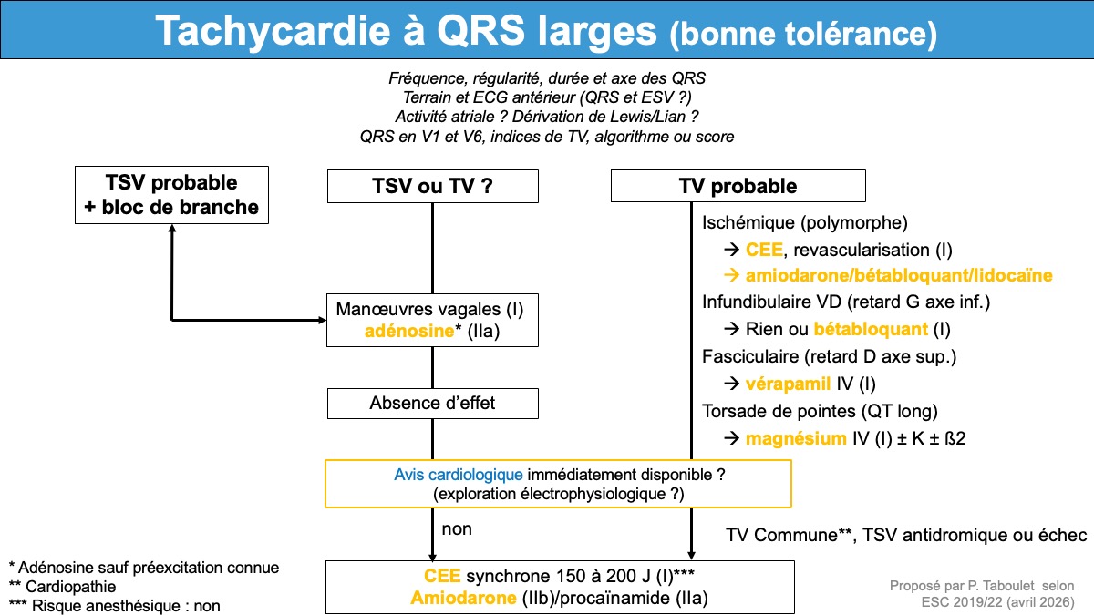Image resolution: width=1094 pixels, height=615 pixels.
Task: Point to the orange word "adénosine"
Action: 409,331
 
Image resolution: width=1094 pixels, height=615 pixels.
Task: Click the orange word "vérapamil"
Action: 788,384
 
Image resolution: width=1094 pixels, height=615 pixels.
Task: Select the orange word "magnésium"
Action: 796,438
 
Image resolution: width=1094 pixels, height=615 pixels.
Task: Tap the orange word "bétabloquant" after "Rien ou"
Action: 871,329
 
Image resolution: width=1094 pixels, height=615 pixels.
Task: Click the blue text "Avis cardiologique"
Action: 458,475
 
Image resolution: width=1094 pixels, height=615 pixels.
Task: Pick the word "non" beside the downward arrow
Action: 457,529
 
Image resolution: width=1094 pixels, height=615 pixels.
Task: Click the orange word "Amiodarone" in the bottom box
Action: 463,598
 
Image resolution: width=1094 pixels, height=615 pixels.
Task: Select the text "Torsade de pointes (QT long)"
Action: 820,412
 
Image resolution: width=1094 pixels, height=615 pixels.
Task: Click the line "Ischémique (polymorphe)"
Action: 804,223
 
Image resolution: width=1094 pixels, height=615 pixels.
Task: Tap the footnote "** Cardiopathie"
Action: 63,587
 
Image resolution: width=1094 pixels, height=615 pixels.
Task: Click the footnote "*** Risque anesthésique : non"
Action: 114,606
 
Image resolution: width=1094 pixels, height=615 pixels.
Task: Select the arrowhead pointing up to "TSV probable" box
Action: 172,229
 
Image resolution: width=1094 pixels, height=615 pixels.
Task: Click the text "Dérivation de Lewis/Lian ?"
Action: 605,117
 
